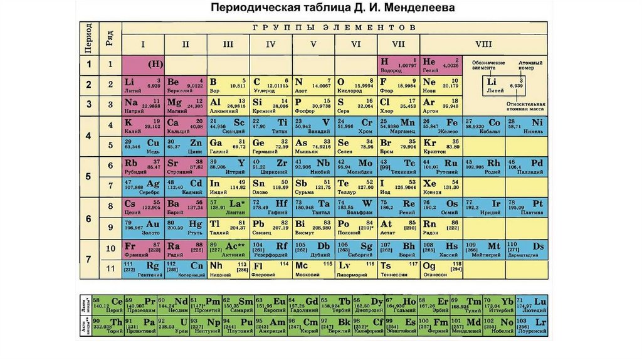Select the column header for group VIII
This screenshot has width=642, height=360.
(x=483, y=45)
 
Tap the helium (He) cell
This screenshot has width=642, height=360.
(x=441, y=64)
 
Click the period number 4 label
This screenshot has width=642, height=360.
(x=88, y=135)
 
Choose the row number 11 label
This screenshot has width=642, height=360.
(x=110, y=268)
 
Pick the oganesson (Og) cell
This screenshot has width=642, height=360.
(x=441, y=268)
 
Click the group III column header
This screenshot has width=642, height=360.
(x=228, y=45)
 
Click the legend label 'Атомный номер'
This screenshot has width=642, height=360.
(x=530, y=66)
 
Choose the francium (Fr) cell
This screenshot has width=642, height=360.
(x=142, y=248)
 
